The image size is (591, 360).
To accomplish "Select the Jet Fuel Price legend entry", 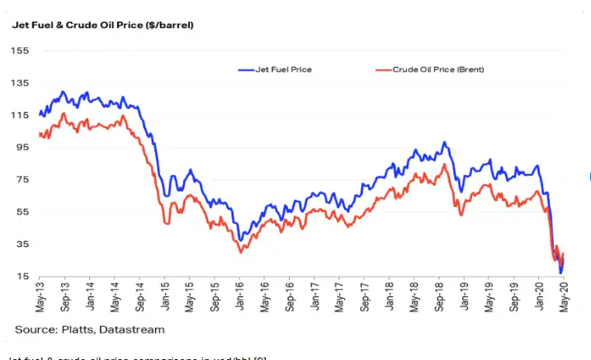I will (285, 69).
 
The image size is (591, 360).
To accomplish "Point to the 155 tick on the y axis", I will (21, 51).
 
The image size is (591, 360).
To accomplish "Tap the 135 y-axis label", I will (21, 83).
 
